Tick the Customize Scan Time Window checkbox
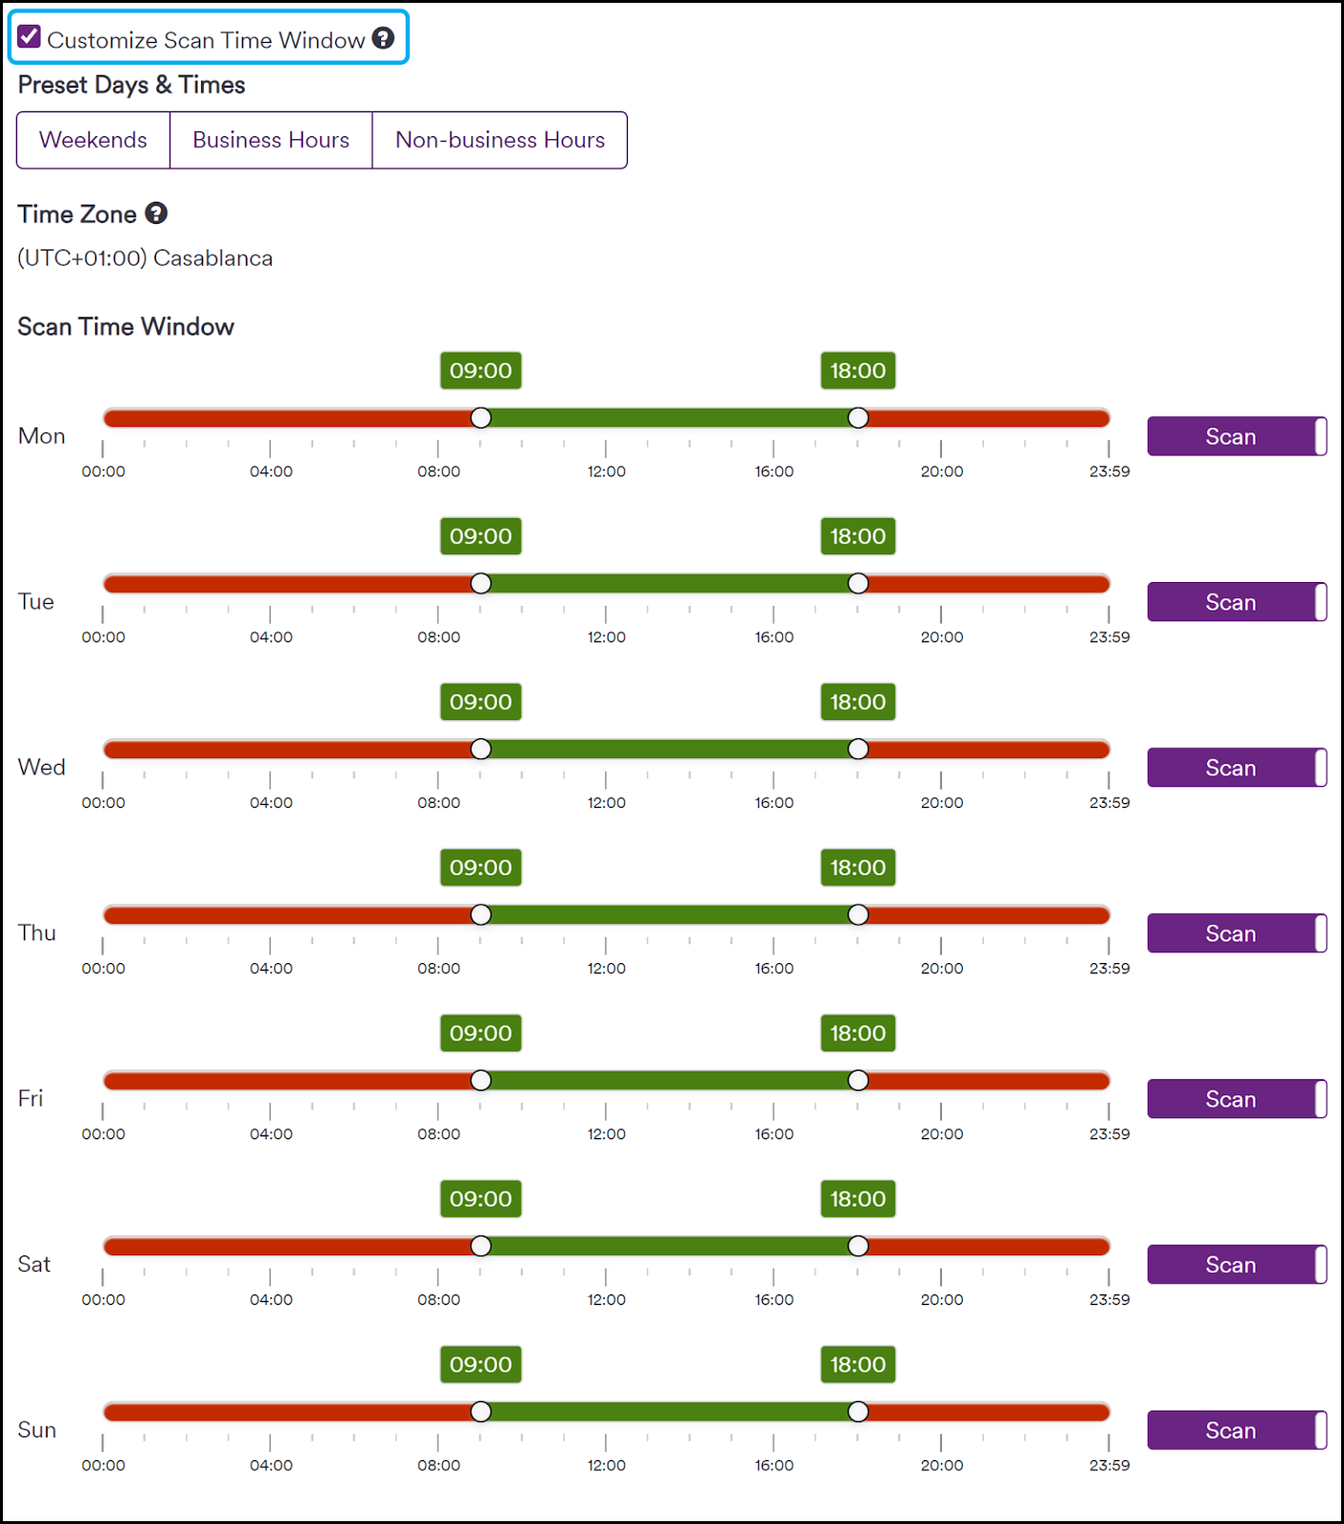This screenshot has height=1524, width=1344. coord(30,37)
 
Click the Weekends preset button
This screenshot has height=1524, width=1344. coord(93,140)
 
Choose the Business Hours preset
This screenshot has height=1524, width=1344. coord(271,140)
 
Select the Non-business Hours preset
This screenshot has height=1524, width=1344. coord(500,140)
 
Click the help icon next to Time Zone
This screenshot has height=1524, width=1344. coord(156,213)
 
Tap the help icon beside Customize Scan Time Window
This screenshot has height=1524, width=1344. coord(383,38)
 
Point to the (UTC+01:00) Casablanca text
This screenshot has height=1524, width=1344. coord(145,258)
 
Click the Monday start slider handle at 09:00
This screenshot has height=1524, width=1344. coord(481,418)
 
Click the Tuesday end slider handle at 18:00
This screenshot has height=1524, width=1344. coord(858,584)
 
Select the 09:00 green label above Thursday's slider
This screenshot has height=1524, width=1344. coord(481,868)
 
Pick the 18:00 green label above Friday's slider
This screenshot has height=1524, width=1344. coord(858,1033)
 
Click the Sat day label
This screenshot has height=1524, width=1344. coord(34,1264)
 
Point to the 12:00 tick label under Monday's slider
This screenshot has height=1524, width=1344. coord(607,471)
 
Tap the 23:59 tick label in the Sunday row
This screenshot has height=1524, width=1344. coord(1110,1465)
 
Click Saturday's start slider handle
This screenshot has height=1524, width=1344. coord(481,1246)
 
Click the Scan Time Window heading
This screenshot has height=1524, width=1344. coord(126,327)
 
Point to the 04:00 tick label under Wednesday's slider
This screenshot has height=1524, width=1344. coord(271,803)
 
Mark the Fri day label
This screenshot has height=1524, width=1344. coord(30,1098)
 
